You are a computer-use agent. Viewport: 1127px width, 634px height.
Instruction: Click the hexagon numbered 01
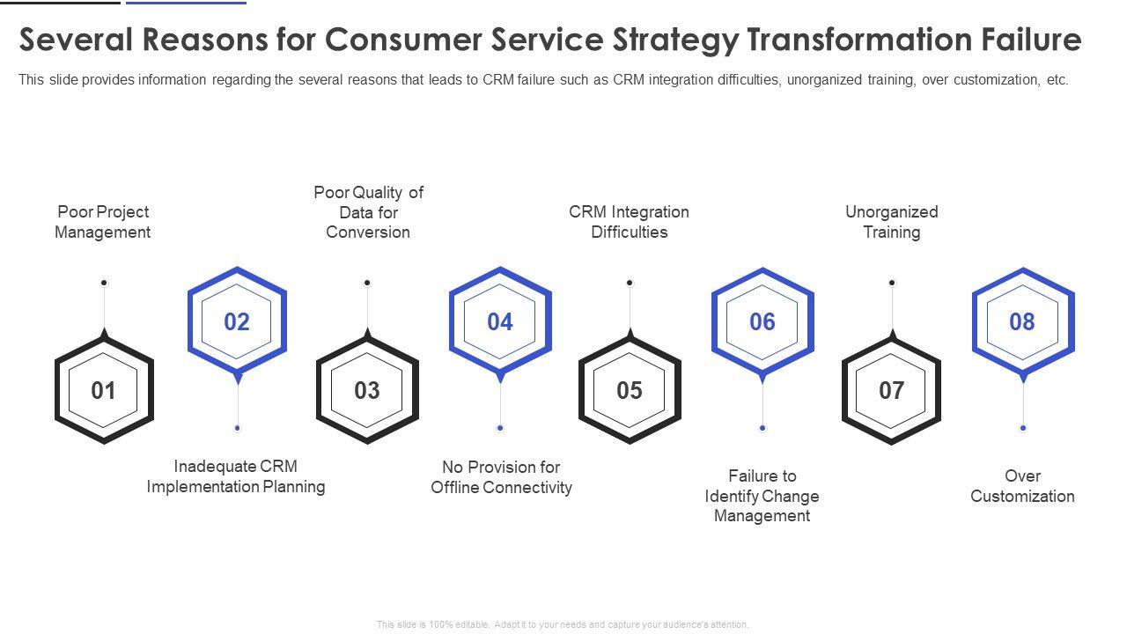coord(104,390)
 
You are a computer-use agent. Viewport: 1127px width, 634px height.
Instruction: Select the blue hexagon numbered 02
coord(237,321)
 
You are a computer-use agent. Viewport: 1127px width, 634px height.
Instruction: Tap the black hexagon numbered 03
coord(367,390)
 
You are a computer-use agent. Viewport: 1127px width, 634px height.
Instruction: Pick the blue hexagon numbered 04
coord(500,321)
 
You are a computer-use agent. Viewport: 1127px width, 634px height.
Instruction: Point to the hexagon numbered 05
coord(630,390)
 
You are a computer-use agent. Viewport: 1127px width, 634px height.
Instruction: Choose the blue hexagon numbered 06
coord(762,321)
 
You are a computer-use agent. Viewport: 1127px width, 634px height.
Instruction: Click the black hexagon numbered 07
coord(892,390)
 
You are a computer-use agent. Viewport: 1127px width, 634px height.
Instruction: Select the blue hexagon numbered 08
coord(1022,321)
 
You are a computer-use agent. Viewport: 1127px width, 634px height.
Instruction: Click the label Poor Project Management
coord(103,222)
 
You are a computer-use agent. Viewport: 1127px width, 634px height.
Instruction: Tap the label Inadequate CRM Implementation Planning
coord(236,476)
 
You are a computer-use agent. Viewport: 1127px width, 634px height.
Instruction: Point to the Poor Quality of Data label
coord(368,212)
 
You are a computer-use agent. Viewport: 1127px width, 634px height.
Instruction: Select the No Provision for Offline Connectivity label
coord(501,477)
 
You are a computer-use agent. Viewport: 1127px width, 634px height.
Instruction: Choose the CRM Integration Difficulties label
coord(630,222)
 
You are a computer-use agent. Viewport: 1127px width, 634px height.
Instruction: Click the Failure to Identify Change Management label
coord(762,496)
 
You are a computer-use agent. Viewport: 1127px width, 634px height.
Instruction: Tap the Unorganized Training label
coord(892,222)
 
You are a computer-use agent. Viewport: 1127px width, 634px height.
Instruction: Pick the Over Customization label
coord(1022,486)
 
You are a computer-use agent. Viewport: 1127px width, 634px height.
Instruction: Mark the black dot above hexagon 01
coord(104,283)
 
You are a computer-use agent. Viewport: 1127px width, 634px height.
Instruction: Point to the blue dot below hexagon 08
coord(1023,428)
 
